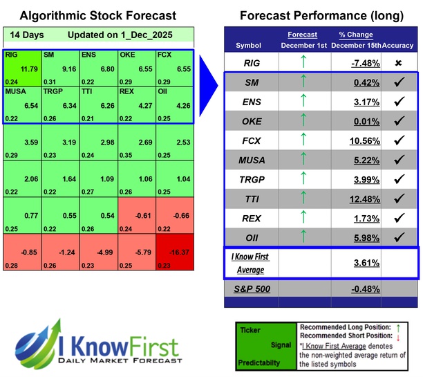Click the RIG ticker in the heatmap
12,55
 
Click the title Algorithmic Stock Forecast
97,15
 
